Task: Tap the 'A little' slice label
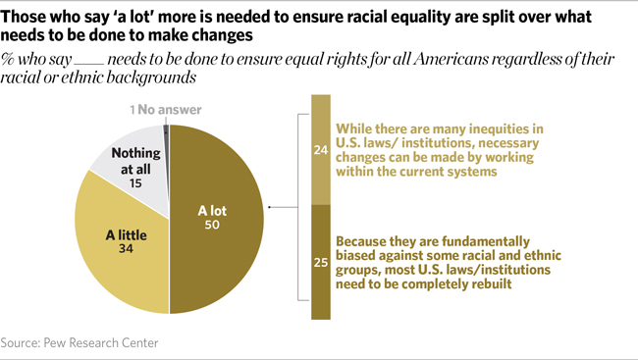point(128,235)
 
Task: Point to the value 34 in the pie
point(128,251)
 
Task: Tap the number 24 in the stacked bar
point(320,150)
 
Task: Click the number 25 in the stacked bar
point(320,261)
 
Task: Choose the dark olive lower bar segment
point(320,294)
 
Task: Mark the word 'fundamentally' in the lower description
point(482,239)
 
